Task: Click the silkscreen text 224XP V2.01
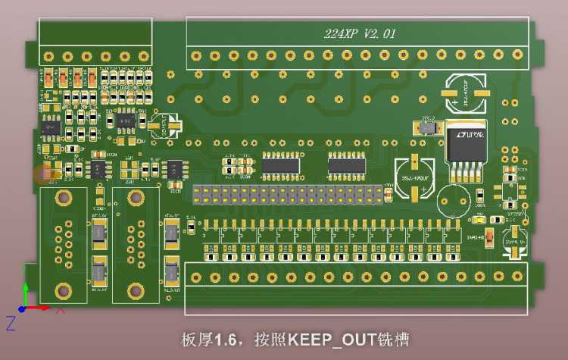coord(360,34)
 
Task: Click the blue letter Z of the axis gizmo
coord(11,324)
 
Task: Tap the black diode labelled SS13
coord(428,128)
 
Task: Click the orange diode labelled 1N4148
coord(490,236)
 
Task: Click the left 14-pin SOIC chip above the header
coord(281,162)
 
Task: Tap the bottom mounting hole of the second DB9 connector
coord(136,289)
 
